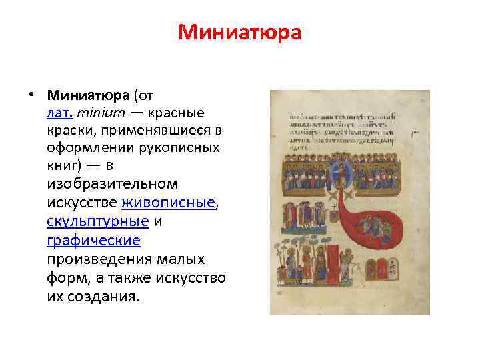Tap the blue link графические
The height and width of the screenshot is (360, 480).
(93, 239)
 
